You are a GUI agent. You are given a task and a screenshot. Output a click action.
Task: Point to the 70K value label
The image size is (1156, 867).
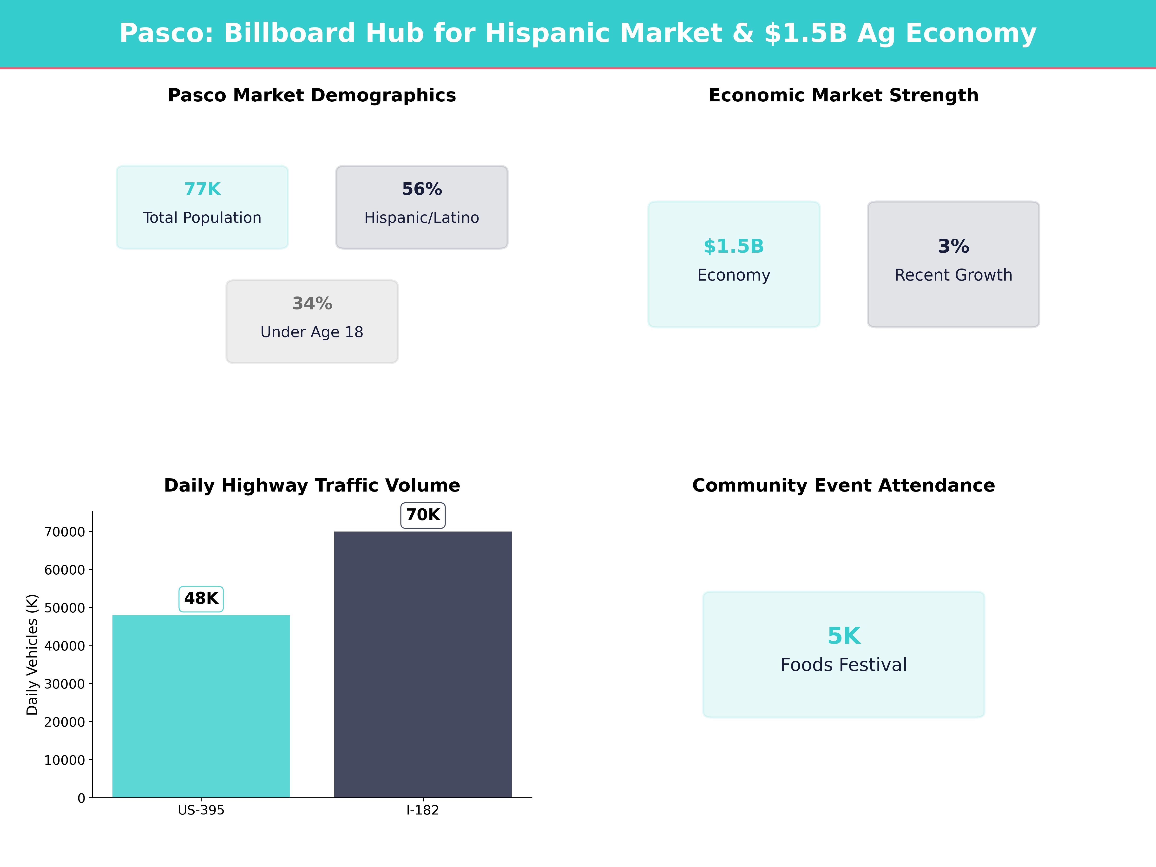pyautogui.click(x=423, y=515)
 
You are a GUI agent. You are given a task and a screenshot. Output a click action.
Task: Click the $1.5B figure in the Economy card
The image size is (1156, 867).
pyautogui.click(x=734, y=246)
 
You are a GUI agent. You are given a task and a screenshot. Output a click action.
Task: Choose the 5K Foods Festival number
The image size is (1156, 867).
pyautogui.click(x=843, y=636)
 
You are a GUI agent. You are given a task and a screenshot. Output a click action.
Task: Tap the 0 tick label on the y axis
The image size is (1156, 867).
pyautogui.click(x=81, y=798)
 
